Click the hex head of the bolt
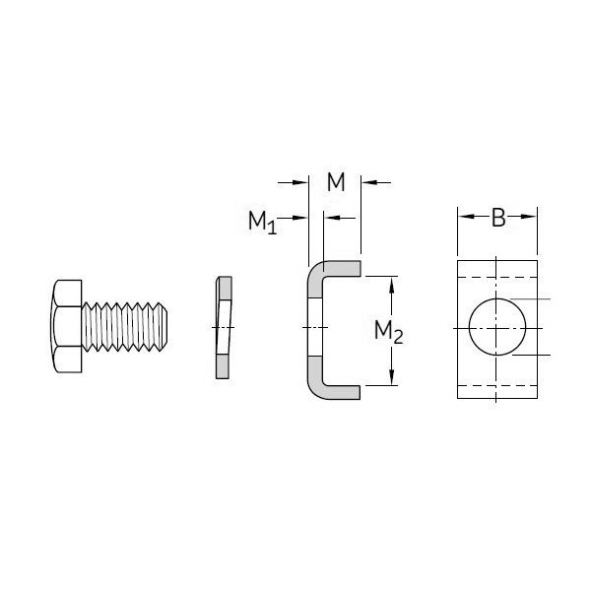pyautogui.click(x=65, y=326)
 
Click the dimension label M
pyautogui.click(x=336, y=182)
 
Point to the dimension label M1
pyautogui.click(x=261, y=222)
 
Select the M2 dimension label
pyautogui.click(x=388, y=332)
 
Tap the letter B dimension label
pyautogui.click(x=498, y=219)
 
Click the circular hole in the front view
pyautogui.click(x=496, y=327)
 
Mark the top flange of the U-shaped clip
pyautogui.click(x=340, y=267)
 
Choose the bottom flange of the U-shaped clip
pyautogui.click(x=340, y=391)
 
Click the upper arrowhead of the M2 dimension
pyautogui.click(x=393, y=284)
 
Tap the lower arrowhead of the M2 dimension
pyautogui.click(x=393, y=378)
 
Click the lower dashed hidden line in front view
pyautogui.click(x=497, y=384)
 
